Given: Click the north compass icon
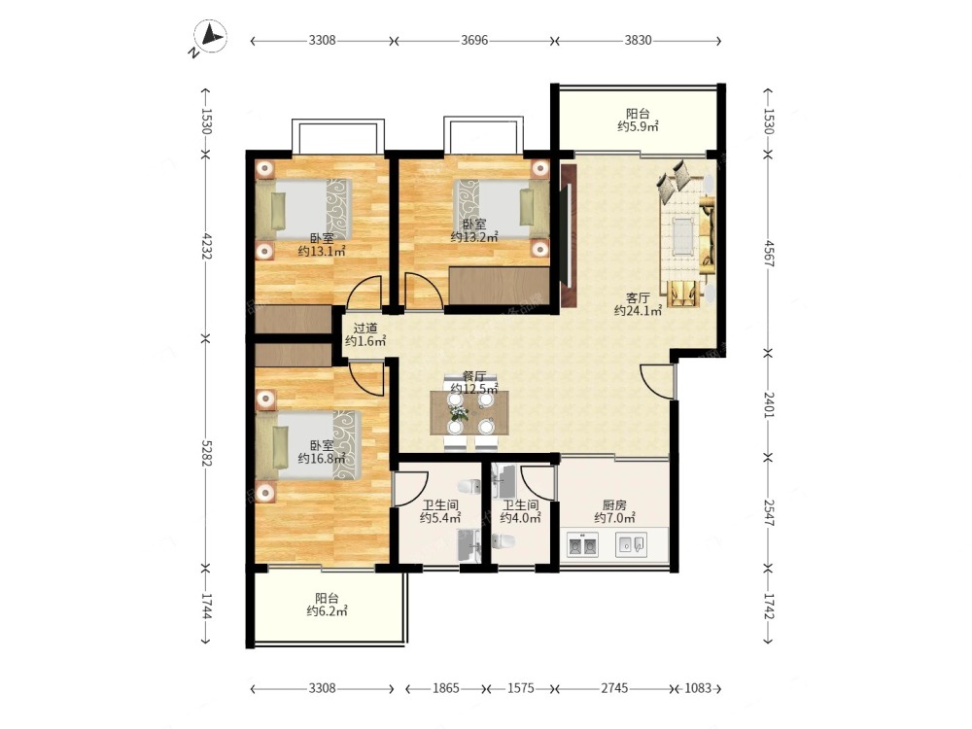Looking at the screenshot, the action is click(x=210, y=37).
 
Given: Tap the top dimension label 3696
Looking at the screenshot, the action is click(x=475, y=40).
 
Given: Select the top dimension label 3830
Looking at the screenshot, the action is click(x=638, y=40).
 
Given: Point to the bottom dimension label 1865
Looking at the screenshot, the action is click(x=446, y=688).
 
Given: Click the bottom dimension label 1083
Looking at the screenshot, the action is click(x=697, y=688).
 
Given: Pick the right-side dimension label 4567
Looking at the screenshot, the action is click(x=769, y=253).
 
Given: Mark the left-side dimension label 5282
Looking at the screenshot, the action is click(x=206, y=453).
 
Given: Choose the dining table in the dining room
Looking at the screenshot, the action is click(x=469, y=412).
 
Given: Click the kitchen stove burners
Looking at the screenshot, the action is click(x=582, y=545).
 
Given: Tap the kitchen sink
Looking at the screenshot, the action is click(x=631, y=545).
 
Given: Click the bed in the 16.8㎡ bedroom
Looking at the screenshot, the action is click(x=308, y=445).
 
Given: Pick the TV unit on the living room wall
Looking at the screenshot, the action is click(x=569, y=235).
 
